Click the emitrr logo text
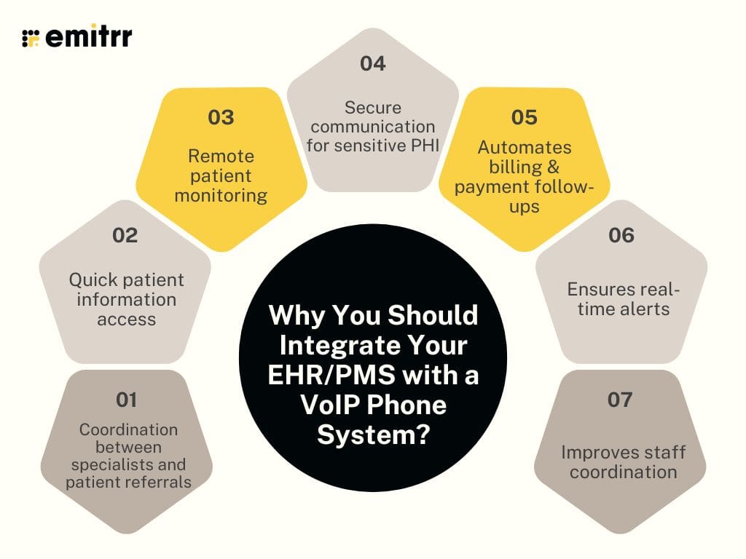(x=88, y=37)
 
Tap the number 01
(x=127, y=400)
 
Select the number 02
(x=125, y=236)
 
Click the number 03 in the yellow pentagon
(x=221, y=117)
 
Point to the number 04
(x=372, y=64)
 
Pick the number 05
(x=524, y=117)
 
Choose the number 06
(x=621, y=236)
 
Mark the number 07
(x=620, y=400)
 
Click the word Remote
(x=221, y=156)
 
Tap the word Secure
(x=373, y=108)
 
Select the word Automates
(x=525, y=147)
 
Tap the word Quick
(x=95, y=279)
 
